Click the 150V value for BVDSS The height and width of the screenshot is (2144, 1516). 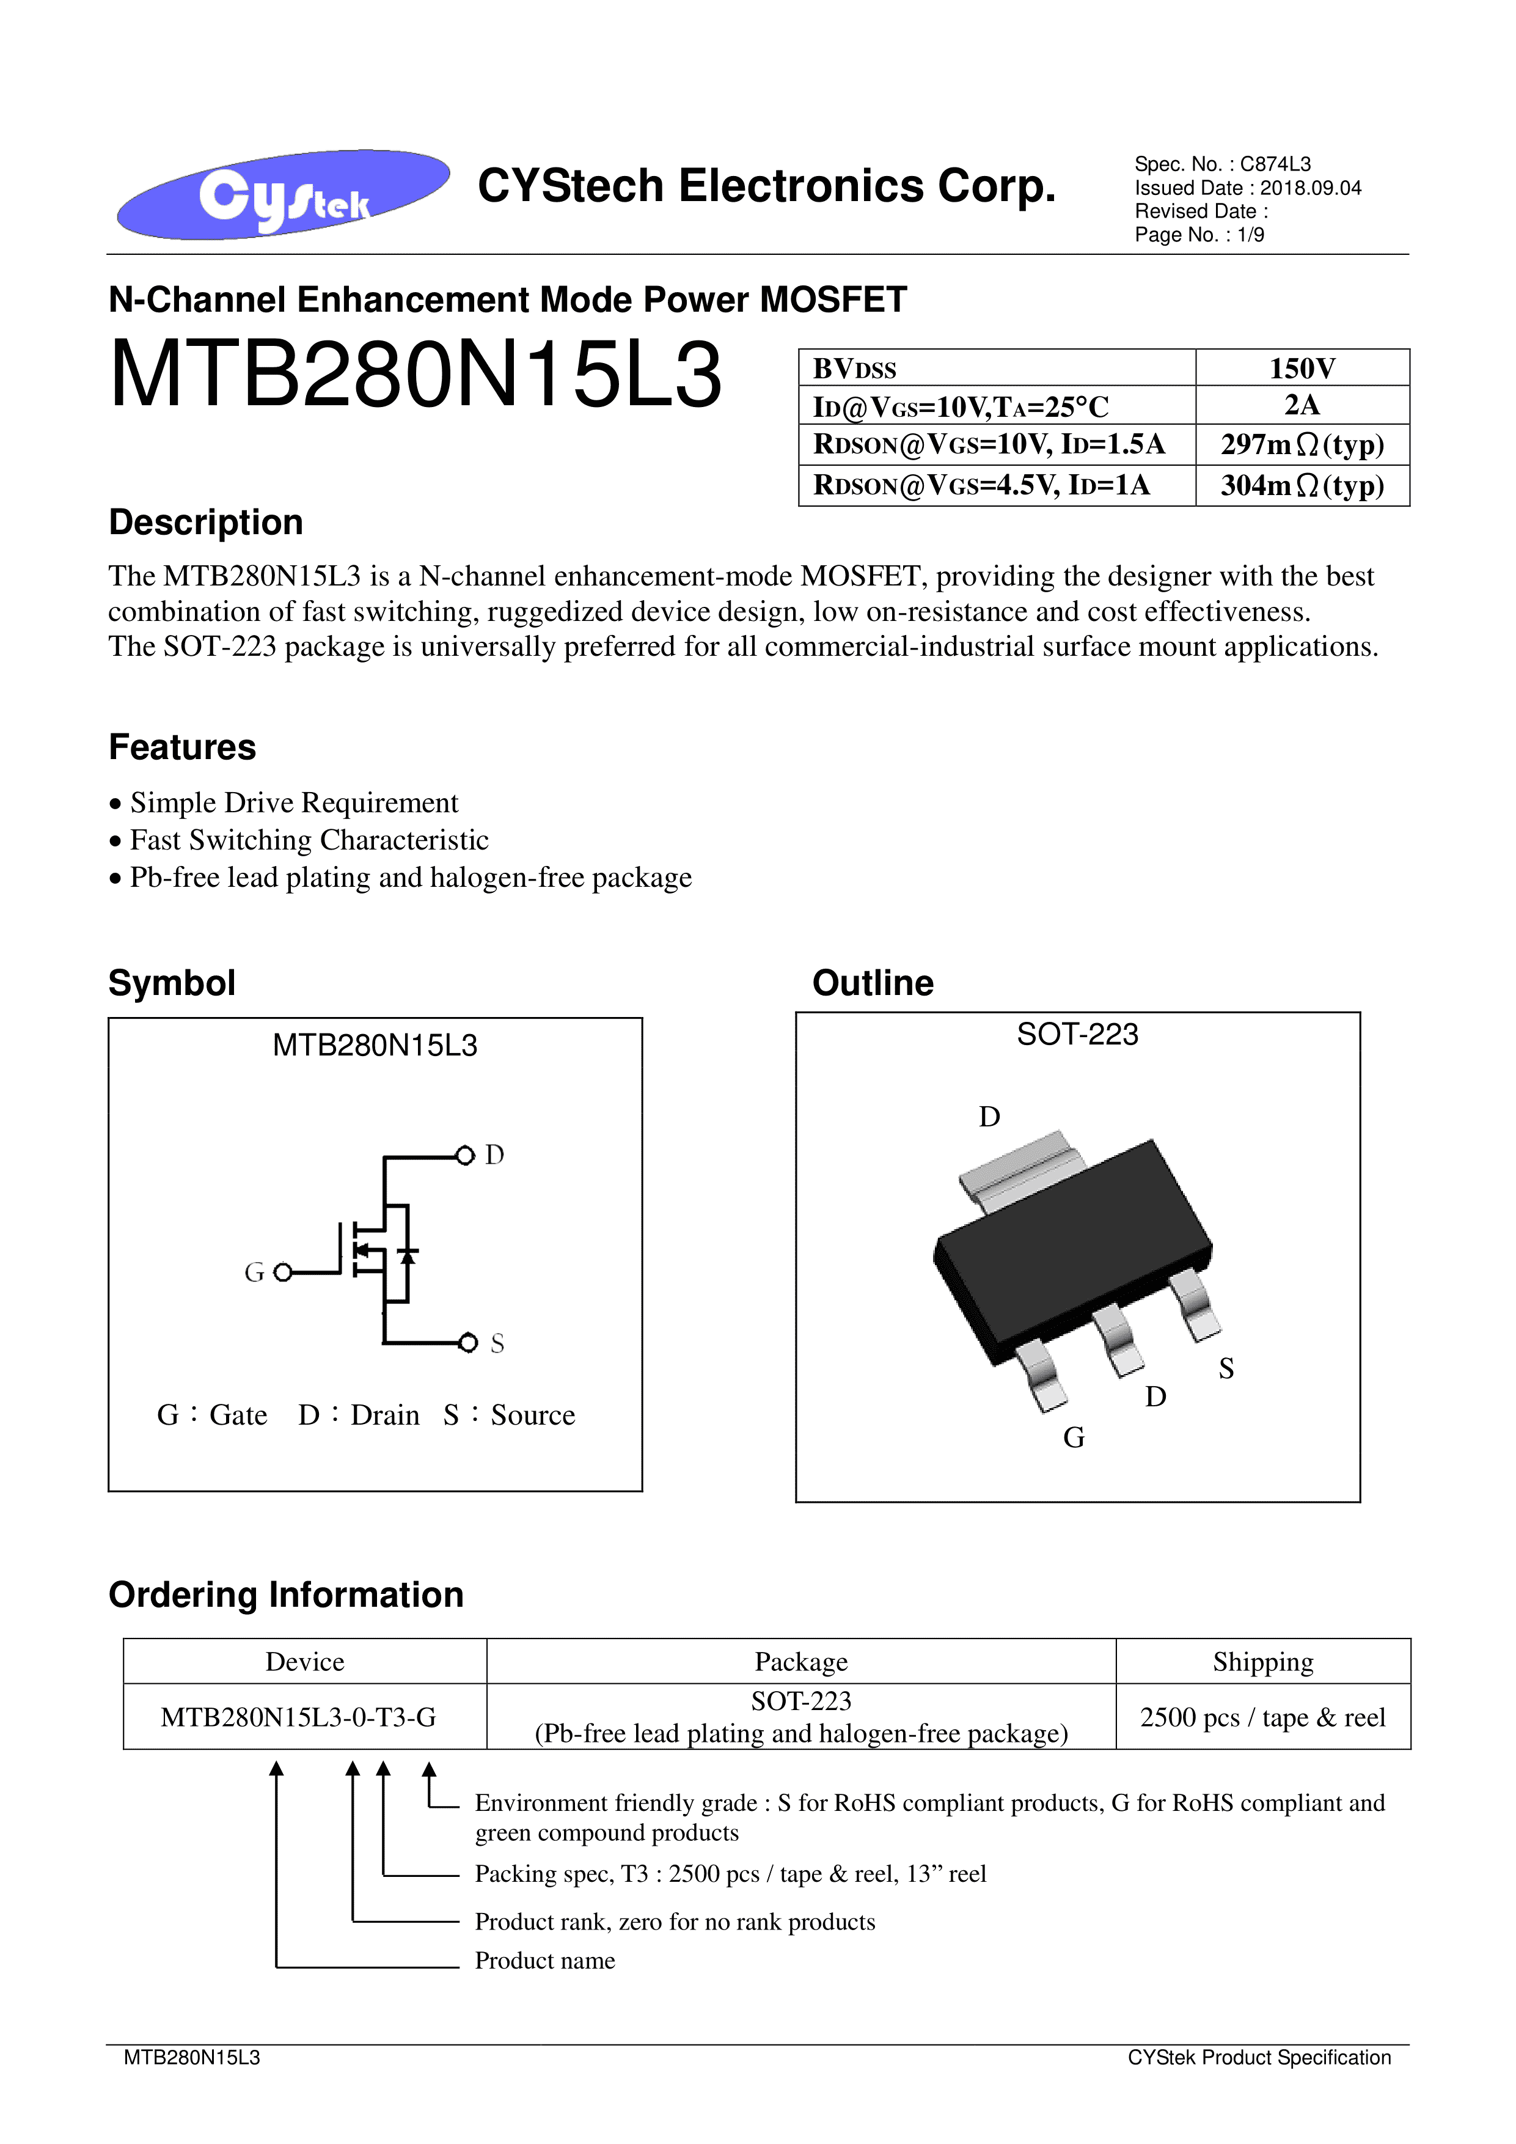coord(1302,368)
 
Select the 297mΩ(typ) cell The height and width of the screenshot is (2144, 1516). coord(1302,444)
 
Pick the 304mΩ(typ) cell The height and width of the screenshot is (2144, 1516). coord(1302,485)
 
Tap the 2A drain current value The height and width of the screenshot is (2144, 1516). coord(1302,405)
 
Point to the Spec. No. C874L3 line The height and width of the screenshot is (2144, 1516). coord(1222,164)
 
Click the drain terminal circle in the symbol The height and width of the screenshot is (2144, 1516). coord(465,1156)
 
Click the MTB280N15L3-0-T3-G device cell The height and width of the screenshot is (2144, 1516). coord(299,1717)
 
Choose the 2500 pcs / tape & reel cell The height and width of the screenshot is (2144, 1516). coord(1262,1717)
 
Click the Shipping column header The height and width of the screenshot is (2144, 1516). coord(1262,1662)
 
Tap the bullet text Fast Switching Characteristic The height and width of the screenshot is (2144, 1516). coord(309,840)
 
